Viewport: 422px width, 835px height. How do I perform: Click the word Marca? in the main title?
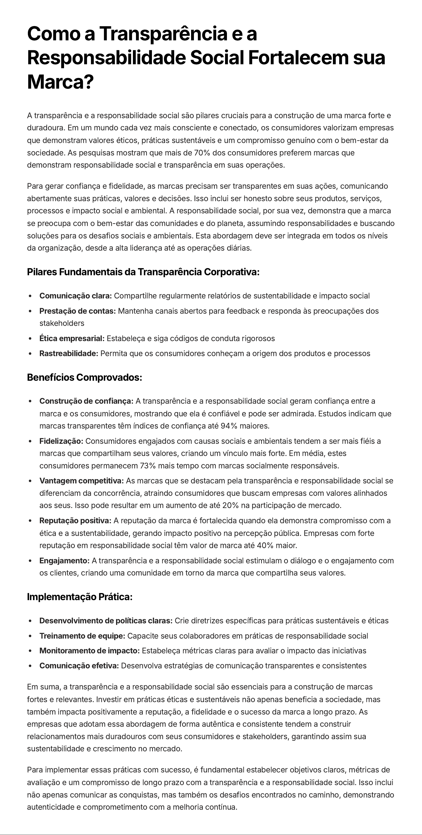tap(60, 82)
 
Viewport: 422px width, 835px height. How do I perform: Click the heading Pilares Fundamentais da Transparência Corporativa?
tap(143, 272)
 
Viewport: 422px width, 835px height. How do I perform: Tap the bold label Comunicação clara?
tap(75, 296)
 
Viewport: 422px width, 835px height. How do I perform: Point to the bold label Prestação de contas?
tap(77, 311)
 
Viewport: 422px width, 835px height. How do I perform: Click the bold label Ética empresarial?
tap(72, 339)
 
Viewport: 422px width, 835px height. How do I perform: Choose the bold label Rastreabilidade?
tap(69, 354)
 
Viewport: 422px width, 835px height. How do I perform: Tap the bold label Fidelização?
tap(61, 441)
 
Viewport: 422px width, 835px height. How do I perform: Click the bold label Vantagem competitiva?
tap(82, 481)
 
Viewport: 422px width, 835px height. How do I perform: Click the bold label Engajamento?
tap(64, 561)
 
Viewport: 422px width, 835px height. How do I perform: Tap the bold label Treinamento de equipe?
tap(82, 636)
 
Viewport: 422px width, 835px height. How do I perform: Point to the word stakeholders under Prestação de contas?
tap(62, 323)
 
